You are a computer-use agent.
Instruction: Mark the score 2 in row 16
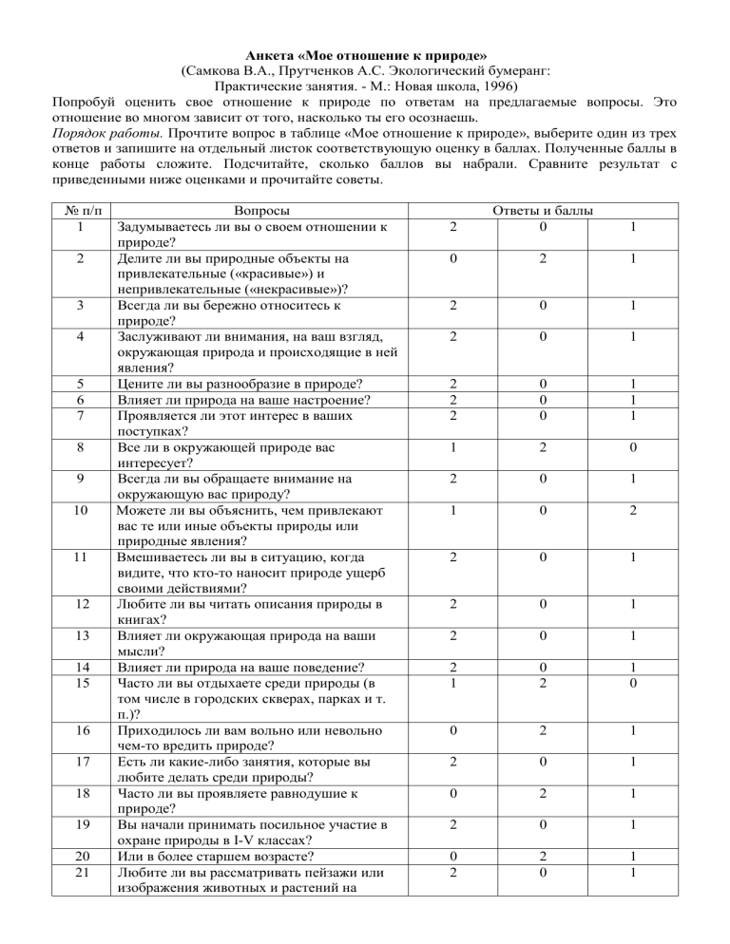tap(540, 732)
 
